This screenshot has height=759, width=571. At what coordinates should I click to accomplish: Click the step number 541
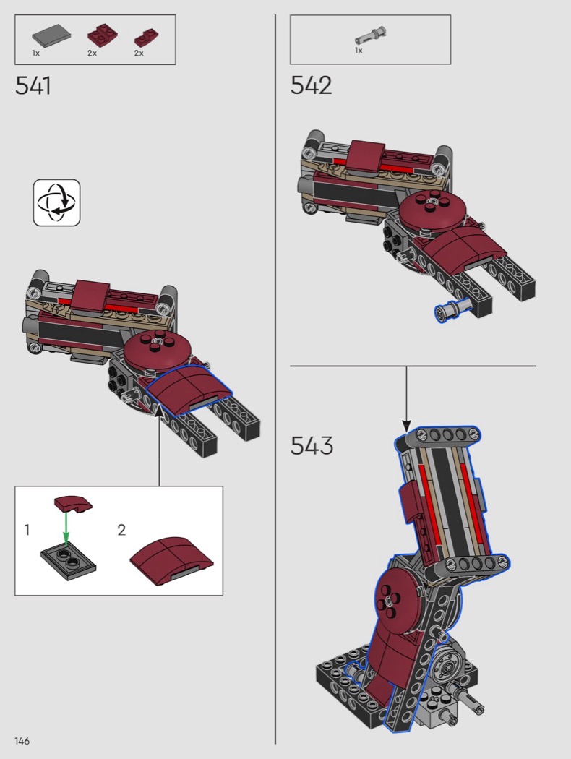point(33,86)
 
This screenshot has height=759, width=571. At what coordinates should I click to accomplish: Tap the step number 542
point(311,85)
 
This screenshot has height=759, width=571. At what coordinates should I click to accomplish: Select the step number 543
point(312,445)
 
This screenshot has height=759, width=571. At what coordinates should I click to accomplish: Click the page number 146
point(22,741)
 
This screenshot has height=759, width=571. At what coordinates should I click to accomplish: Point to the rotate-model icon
point(56,202)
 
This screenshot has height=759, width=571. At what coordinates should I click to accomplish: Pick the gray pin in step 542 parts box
point(371,36)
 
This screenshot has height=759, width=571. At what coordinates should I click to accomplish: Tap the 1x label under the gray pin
point(359,51)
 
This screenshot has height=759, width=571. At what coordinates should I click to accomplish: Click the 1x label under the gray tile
point(36,53)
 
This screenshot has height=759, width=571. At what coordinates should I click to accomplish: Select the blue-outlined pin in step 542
point(451,309)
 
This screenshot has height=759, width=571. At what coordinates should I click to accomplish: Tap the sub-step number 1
point(27,530)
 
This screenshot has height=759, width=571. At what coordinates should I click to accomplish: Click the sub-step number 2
point(121,530)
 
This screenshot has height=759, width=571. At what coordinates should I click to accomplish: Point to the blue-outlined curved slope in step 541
point(188,390)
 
